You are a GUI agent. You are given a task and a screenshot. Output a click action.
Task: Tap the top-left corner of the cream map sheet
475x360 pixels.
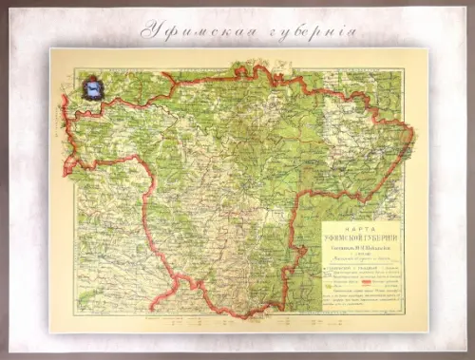click(50, 48)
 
